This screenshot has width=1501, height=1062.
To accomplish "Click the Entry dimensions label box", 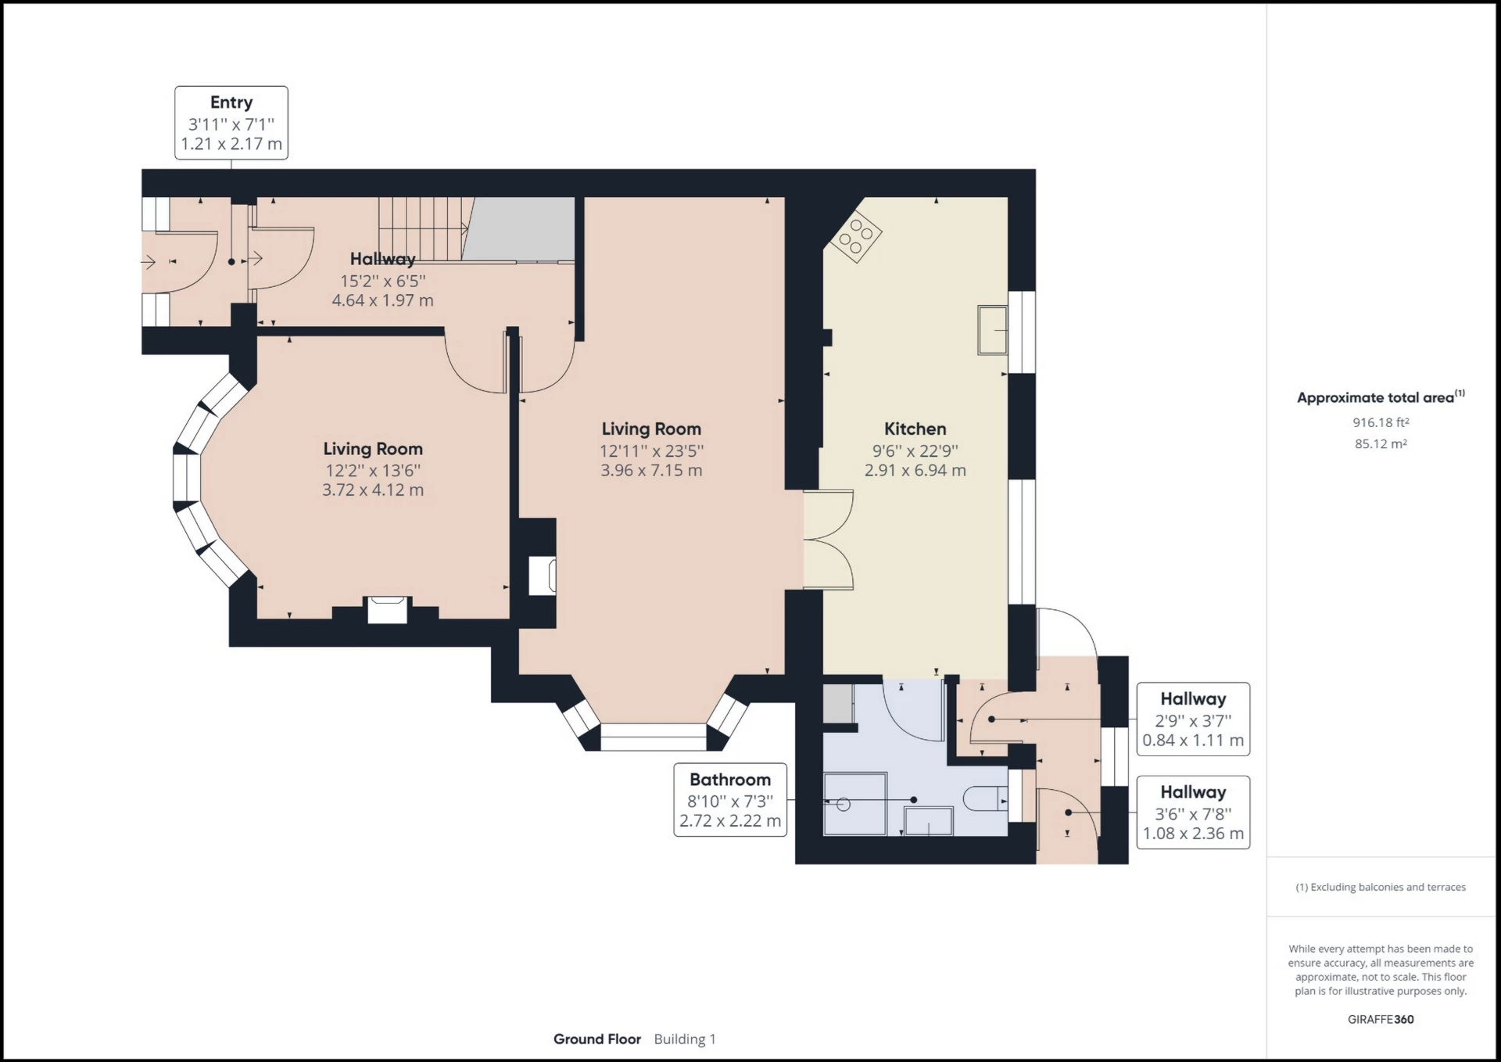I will [231, 123].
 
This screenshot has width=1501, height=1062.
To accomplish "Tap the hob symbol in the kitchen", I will [855, 236].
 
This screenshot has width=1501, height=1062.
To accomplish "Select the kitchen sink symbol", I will [992, 330].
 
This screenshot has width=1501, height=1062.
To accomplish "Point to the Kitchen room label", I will [915, 429].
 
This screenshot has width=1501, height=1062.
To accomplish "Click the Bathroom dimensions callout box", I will [730, 799].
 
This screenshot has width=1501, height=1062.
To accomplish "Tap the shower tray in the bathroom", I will [855, 803].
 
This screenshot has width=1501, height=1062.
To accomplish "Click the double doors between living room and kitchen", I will [829, 540].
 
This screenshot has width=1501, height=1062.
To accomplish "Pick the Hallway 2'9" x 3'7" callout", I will [1192, 719].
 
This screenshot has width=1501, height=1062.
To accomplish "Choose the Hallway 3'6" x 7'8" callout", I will [1192, 812].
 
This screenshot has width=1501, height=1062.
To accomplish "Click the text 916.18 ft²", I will [1381, 422].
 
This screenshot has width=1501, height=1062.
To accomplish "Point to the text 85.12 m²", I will [1381, 443].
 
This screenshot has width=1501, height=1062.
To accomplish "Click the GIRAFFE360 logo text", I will [1381, 1019].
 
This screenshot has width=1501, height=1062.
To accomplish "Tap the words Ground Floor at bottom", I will [597, 1039].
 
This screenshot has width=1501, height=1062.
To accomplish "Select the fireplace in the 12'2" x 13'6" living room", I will [388, 609].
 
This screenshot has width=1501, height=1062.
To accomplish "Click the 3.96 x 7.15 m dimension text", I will [651, 471].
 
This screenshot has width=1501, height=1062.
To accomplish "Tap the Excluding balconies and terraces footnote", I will [1381, 887].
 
